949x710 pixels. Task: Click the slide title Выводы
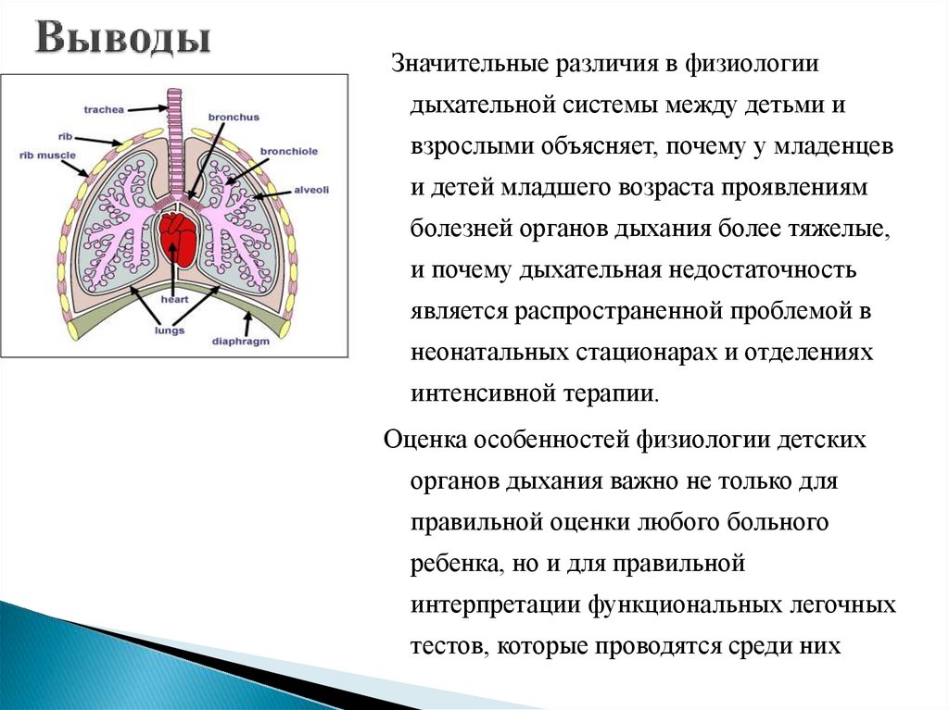tap(123, 40)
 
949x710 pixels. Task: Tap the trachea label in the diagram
tap(103, 109)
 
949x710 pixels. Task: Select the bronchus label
tap(234, 118)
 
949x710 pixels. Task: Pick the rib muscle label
tap(47, 156)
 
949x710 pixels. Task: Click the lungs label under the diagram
tap(170, 330)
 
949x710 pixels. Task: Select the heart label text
tap(174, 300)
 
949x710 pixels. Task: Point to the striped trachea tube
tap(173, 139)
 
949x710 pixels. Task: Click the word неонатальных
tap(488, 352)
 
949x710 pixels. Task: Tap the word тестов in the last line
tap(445, 645)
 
